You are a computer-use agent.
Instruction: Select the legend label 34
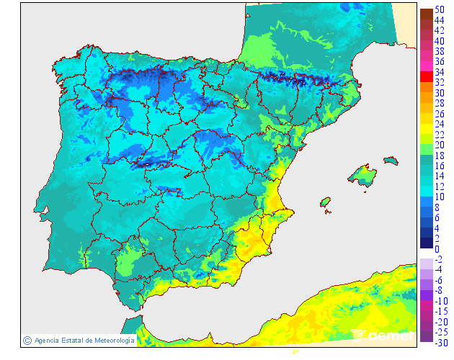439,72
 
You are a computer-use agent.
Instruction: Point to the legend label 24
439,124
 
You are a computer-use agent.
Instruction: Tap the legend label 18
439,156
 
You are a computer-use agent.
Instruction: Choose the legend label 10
439,197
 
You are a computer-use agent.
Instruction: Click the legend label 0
437,248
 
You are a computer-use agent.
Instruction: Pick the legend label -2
439,259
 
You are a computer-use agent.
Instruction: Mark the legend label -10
441,300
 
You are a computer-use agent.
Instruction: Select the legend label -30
441,342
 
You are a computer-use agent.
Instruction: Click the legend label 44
439,20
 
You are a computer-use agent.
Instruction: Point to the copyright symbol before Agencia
27,340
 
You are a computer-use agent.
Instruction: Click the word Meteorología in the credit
110,340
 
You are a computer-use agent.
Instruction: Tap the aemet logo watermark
383,334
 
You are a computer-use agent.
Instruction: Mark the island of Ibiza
325,202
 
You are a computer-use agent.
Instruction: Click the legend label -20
441,321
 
